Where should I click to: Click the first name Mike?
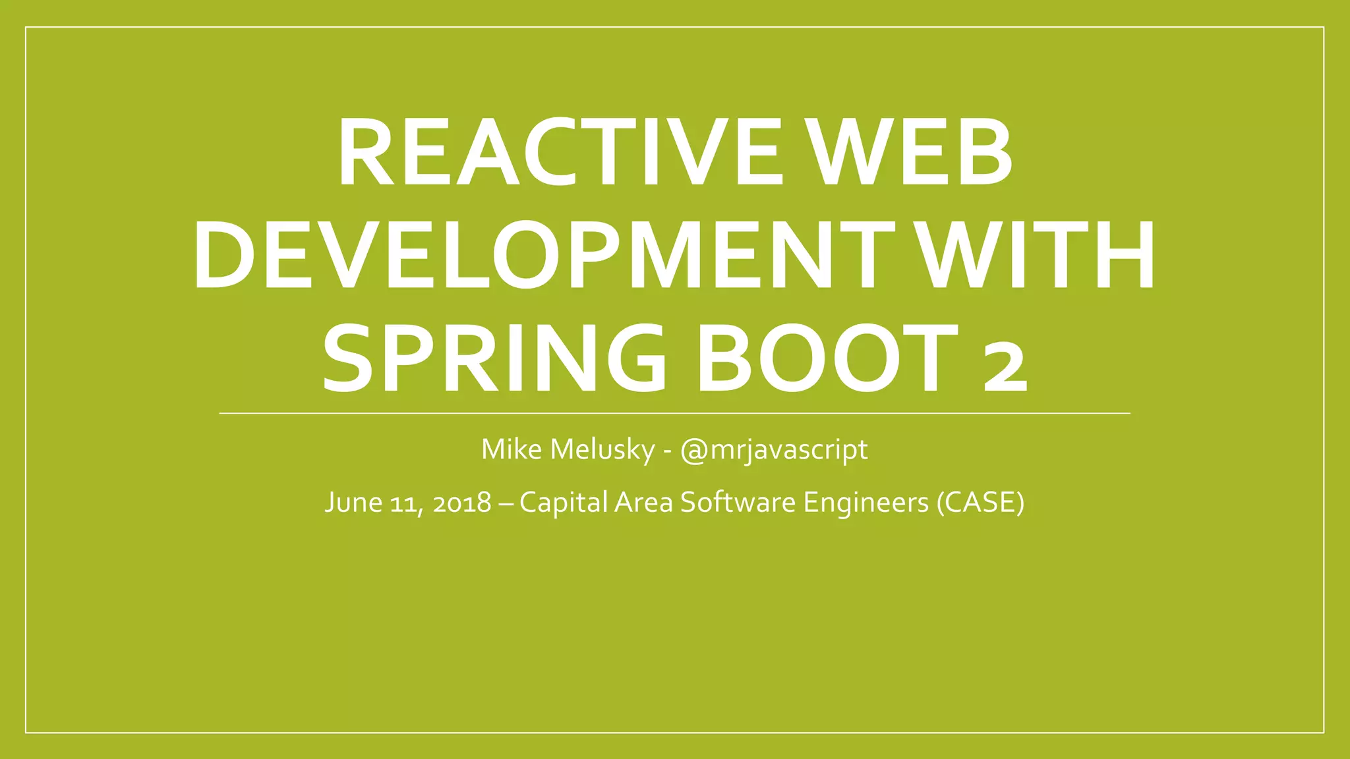(x=512, y=449)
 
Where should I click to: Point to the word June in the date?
(x=354, y=503)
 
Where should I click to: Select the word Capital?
(x=564, y=503)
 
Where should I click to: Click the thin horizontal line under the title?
(x=674, y=413)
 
